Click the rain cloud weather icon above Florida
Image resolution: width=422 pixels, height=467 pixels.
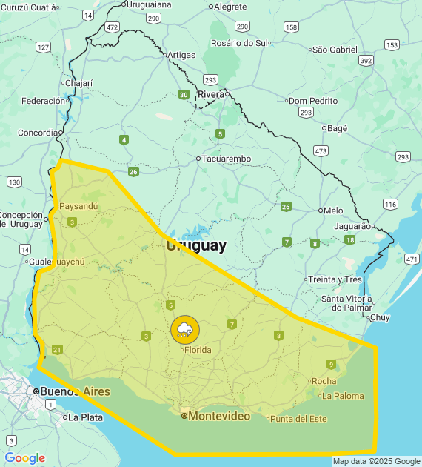[184, 329]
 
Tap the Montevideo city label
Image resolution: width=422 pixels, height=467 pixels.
[219, 417]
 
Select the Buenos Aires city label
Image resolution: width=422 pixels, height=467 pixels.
[75, 391]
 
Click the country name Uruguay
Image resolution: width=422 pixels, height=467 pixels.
[196, 245]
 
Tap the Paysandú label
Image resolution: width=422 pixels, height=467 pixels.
[78, 205]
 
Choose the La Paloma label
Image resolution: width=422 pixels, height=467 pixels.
[343, 396]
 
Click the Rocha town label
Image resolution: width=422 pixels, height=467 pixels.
[324, 381]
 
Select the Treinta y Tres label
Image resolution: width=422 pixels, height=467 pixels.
[335, 279]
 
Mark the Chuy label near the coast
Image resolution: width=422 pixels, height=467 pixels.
[380, 317]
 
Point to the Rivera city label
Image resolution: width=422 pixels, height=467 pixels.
[211, 94]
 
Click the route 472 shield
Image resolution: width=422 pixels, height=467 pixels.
[112, 27]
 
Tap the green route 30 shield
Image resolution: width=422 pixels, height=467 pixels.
[183, 94]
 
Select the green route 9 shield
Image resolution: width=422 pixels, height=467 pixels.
[330, 363]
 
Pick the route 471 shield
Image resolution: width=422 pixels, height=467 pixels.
[412, 259]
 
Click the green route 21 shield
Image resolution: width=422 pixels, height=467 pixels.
[58, 350]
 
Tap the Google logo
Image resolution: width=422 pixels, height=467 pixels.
[24, 458]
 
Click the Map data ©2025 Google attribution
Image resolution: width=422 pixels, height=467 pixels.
[376, 461]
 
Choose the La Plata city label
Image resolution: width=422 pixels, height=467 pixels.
[84, 417]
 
